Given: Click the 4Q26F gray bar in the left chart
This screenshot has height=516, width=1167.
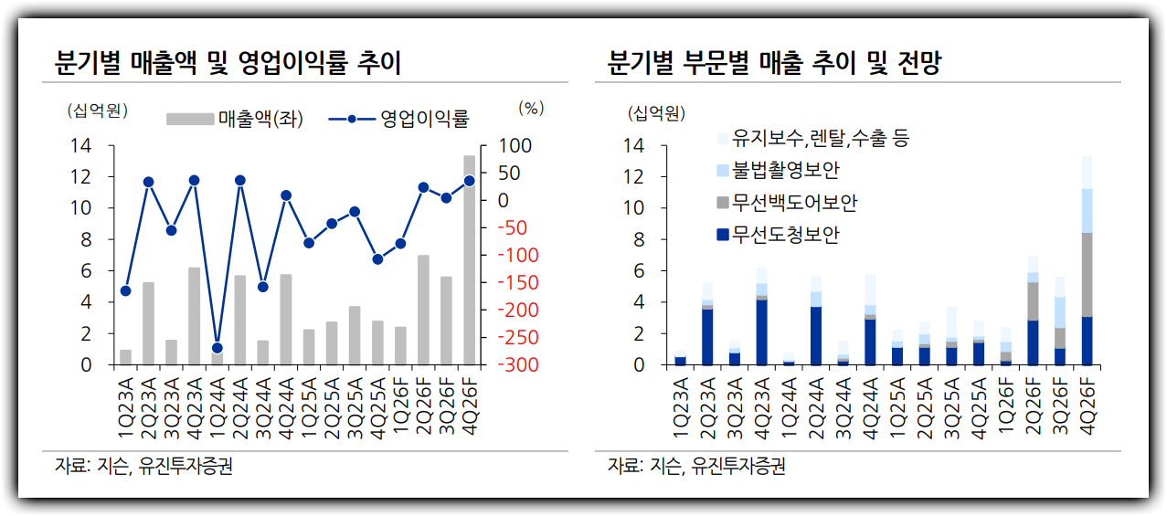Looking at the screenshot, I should pos(469,260).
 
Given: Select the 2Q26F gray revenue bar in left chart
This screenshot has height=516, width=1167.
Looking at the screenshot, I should pos(423,310).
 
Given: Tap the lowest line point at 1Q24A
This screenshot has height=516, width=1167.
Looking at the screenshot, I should pos(217,348).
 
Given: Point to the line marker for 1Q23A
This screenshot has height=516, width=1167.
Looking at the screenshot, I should pos(125,291).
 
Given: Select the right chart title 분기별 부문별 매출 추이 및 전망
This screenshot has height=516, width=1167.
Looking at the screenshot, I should pos(775,64).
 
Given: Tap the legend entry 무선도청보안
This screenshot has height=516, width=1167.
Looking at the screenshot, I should pos(786,235).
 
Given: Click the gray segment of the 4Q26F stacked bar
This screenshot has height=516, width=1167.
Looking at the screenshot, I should pos(1087,274).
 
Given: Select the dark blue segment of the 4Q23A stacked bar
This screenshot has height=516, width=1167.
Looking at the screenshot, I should pos(761,332).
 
